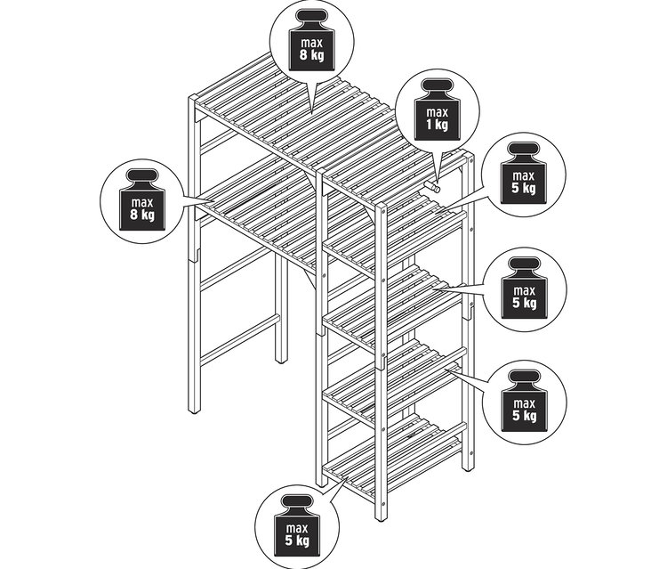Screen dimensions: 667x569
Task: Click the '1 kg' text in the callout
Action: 437,125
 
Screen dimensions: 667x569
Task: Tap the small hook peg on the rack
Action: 432,186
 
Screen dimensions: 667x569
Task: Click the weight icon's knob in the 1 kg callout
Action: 437,85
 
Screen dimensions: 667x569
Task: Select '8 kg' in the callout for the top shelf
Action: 311,55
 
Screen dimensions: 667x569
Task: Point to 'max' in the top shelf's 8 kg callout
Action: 311,43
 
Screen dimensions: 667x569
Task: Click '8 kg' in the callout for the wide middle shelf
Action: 142,215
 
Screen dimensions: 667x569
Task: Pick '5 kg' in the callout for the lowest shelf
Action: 297,541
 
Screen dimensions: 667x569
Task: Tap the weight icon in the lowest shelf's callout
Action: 297,525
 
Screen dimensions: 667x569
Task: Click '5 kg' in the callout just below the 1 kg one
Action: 524,187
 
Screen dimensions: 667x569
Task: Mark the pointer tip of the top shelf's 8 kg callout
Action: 311,113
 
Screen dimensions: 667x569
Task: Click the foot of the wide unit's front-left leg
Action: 194,410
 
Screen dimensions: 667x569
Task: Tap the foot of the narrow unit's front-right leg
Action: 382,517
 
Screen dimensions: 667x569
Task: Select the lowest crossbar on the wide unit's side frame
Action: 239,339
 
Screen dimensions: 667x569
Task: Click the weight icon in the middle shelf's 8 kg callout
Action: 142,199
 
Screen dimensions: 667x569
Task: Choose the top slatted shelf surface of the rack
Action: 298,127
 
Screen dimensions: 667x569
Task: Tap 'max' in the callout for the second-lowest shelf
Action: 524,402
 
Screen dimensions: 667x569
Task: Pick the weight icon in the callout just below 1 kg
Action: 524,173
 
